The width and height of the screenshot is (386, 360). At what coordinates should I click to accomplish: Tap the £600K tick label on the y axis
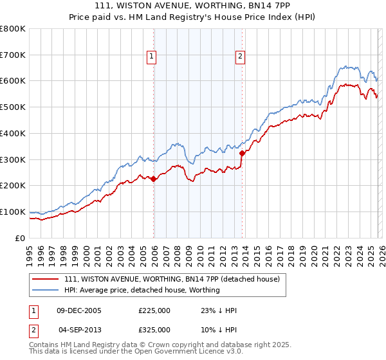tap(12, 81)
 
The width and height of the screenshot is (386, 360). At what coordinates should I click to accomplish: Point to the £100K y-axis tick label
tap(12, 212)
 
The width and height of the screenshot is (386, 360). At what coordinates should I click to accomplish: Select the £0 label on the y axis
tap(19, 238)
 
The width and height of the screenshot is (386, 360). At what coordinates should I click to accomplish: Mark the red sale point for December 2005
tap(154, 179)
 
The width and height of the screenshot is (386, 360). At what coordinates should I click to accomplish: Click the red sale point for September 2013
tap(242, 153)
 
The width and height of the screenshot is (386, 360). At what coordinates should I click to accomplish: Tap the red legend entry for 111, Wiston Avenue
tap(172, 280)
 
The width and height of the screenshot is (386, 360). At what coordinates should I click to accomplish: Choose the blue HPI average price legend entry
tap(142, 290)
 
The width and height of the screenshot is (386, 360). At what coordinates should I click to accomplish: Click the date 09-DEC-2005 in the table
tap(79, 310)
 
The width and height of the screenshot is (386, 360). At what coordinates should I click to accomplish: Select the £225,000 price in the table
tap(154, 310)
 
